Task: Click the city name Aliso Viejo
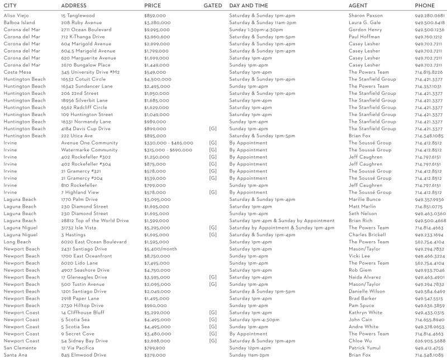pyautogui.click(x=17, y=16)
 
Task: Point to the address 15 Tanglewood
pyautogui.click(x=78, y=16)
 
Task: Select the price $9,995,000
pyautogui.click(x=157, y=30)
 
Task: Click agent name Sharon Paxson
pyautogui.click(x=366, y=16)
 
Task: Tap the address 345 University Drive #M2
pyautogui.click(x=91, y=72)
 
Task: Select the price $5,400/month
pyautogui.click(x=161, y=249)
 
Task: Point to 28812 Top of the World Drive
pyautogui.click(x=95, y=220)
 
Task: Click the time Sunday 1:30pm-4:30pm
pyautogui.click(x=259, y=30)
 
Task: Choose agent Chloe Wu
pyautogui.click(x=360, y=340)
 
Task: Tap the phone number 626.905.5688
pyautogui.click(x=430, y=340)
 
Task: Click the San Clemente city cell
pyautogui.click(x=20, y=348)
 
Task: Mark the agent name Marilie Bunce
pyautogui.click(x=365, y=199)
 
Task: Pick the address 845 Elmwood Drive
pyautogui.click(x=84, y=354)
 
